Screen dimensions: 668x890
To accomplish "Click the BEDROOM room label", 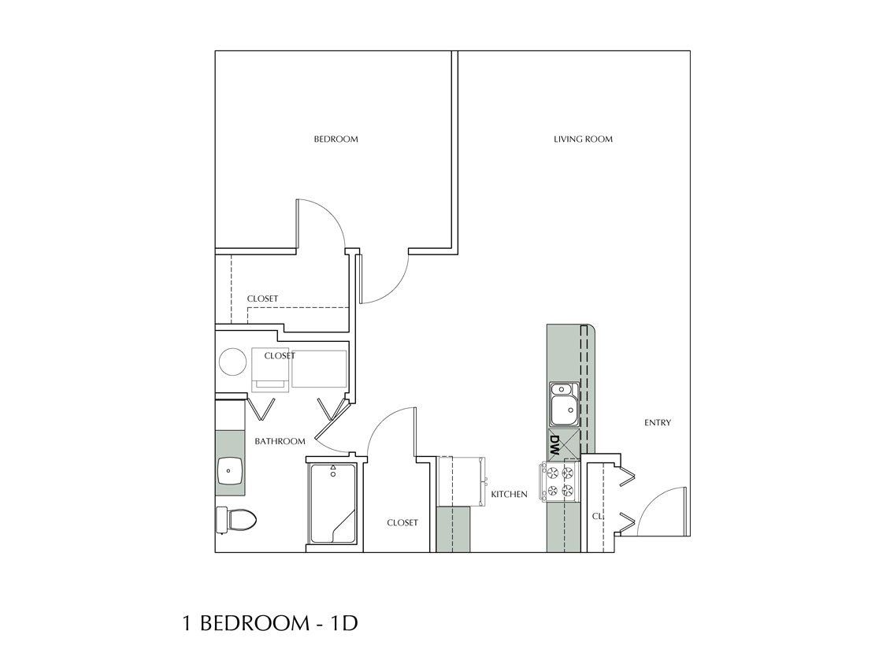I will [336, 139].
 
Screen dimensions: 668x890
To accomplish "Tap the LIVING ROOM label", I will [583, 139].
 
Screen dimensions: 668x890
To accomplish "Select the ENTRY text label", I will [658, 423].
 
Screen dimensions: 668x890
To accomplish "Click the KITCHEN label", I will [509, 495].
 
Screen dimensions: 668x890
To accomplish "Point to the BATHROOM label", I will [280, 441].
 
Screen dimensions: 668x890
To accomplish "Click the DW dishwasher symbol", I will [555, 447].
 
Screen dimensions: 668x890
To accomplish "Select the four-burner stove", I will [559, 481].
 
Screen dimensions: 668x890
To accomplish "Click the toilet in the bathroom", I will [236, 519].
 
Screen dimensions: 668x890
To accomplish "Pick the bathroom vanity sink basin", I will [230, 471].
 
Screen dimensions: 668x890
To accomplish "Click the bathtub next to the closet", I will [333, 504].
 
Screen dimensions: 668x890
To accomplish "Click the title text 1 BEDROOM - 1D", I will [270, 624].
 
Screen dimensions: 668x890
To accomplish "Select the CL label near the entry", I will [596, 517].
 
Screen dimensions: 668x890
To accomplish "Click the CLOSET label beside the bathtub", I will [402, 523].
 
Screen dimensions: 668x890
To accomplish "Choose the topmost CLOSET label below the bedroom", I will [262, 299].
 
